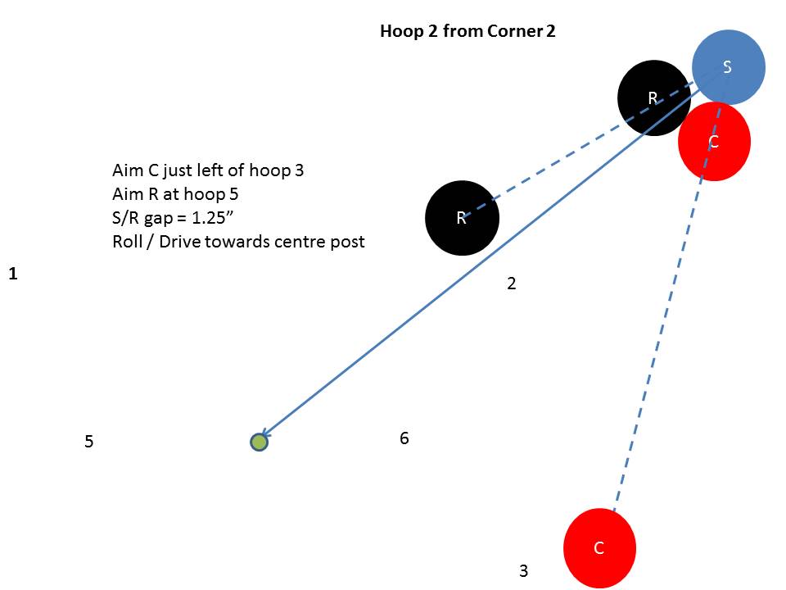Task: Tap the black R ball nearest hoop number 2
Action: pos(462,218)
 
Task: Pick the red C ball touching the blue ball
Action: pos(714,142)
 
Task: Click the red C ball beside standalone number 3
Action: pos(599,548)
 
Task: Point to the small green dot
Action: pos(259,442)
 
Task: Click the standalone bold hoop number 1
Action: pos(13,274)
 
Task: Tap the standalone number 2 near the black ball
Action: pos(512,284)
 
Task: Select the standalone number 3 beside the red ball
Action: pos(524,571)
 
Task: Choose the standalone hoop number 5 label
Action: pos(89,442)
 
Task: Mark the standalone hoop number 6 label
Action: pos(404,438)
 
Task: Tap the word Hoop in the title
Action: pos(397,33)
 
